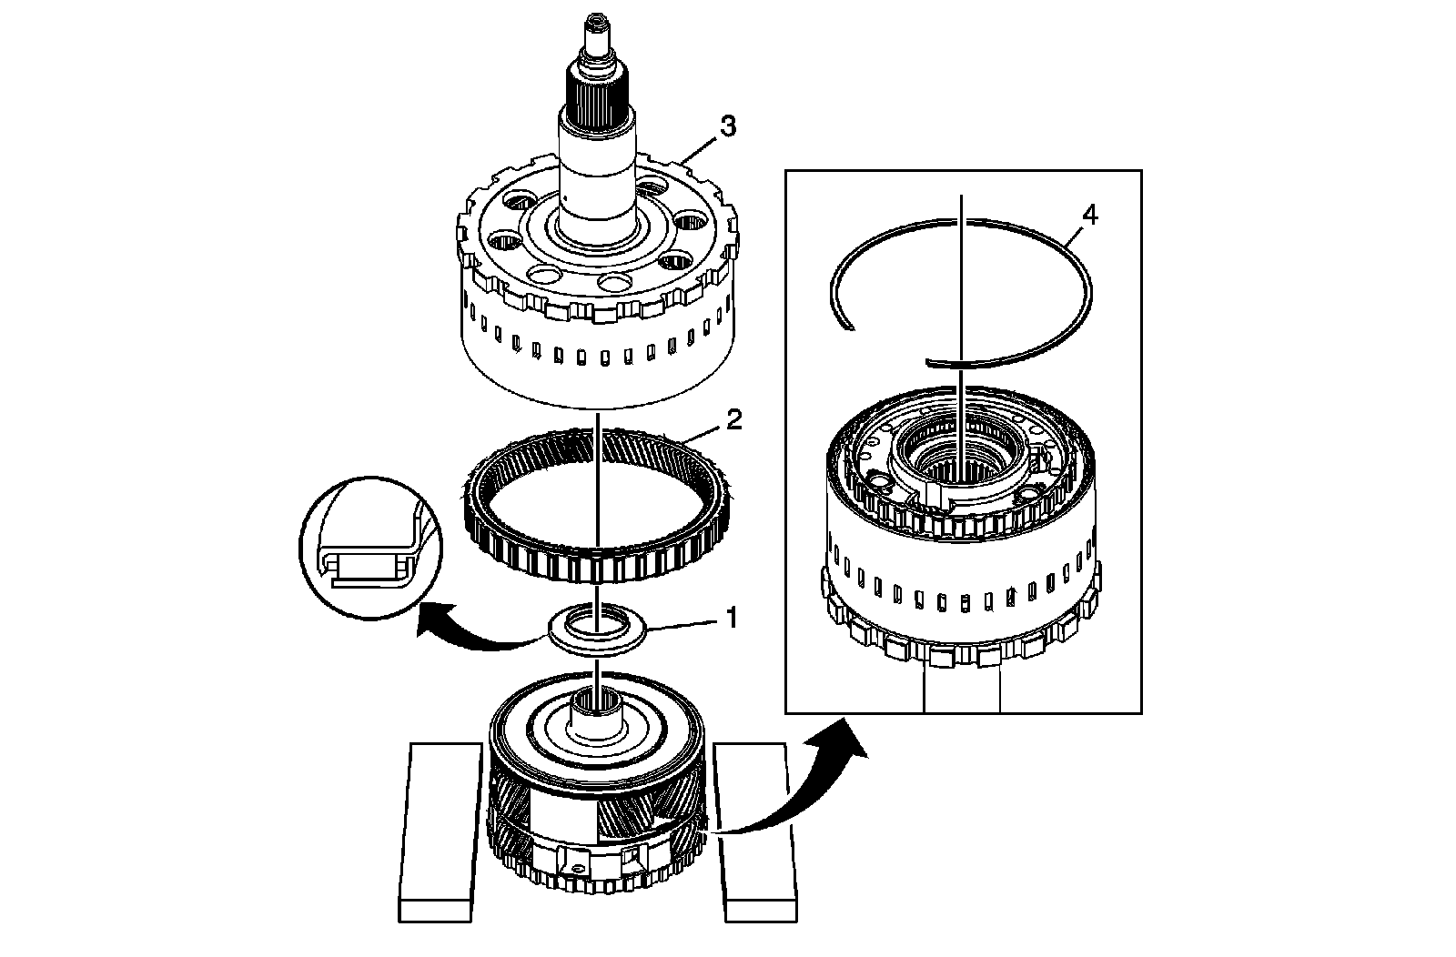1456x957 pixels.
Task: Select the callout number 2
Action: click(x=734, y=420)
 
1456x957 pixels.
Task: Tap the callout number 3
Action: click(x=727, y=126)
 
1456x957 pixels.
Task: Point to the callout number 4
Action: click(x=1090, y=216)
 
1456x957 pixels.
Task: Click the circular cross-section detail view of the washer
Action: click(x=369, y=546)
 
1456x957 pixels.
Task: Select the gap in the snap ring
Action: click(x=887, y=346)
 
